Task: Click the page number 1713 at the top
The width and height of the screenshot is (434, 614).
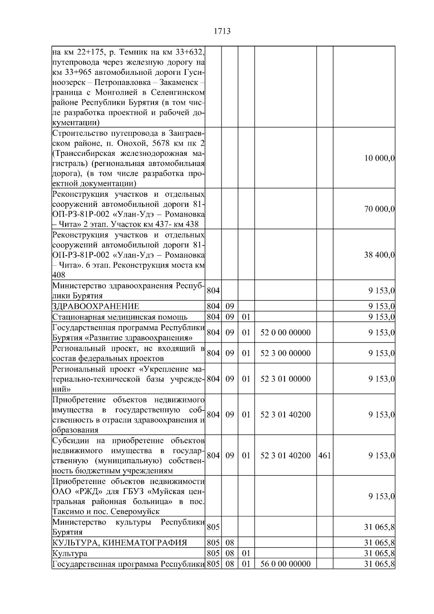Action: coord(222,31)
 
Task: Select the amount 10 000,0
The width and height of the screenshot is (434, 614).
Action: coord(379,158)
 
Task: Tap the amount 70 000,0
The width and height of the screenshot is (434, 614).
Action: coord(379,209)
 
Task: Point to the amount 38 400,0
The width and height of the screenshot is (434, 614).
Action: coord(379,255)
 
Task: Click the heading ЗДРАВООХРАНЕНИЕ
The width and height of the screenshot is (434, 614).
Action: coord(95,307)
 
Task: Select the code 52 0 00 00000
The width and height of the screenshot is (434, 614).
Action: coord(285,333)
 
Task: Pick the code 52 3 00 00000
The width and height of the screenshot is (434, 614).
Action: coord(285,353)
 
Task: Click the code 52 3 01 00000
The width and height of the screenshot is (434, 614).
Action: coord(285,379)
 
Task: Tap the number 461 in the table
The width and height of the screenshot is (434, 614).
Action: coord(324,456)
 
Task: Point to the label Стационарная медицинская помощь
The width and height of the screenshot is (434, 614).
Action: coord(120,317)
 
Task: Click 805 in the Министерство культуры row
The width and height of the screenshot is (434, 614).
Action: coord(213,527)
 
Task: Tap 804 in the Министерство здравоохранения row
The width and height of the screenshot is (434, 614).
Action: coord(213,291)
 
